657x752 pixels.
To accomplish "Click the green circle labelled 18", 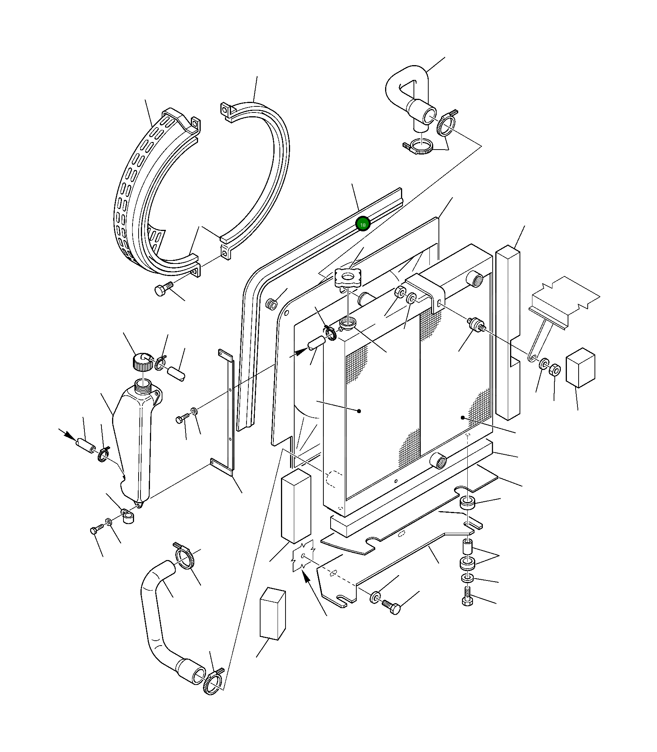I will [363, 224].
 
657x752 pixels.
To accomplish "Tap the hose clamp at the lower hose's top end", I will [185, 558].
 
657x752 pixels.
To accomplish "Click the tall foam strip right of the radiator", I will [507, 333].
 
